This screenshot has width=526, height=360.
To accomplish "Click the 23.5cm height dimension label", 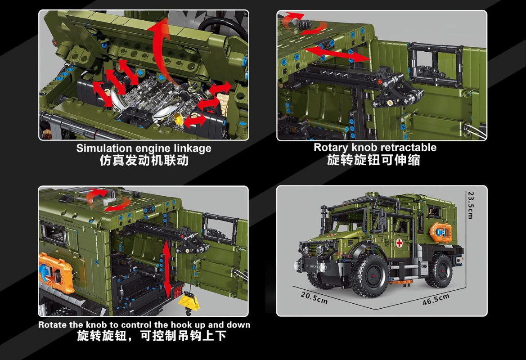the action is click(471, 205).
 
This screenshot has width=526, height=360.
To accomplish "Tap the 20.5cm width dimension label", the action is click(314, 297).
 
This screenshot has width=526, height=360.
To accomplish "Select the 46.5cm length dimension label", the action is click(436, 299).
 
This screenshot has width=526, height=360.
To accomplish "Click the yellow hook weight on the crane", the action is click(189, 301).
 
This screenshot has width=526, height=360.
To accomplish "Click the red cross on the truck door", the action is click(399, 243).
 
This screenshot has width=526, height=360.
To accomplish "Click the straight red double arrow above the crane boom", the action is click(337, 54).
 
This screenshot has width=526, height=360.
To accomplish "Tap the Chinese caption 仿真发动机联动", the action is click(144, 160).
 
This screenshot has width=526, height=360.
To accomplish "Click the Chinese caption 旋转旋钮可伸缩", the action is click(373, 160).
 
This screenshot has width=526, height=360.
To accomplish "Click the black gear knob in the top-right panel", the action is click(305, 24).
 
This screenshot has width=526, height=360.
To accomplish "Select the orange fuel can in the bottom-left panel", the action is click(54, 272).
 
